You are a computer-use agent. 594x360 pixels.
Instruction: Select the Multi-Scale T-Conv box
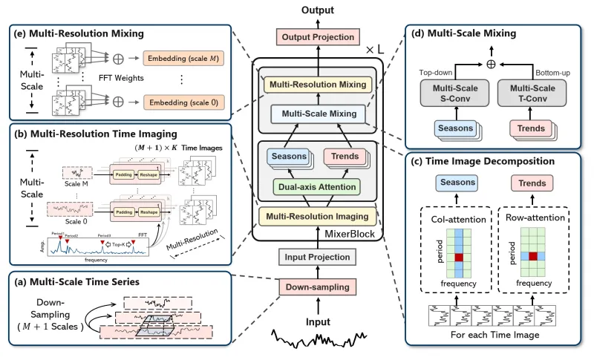point(529,94)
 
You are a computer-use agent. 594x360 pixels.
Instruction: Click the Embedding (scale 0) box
point(186,101)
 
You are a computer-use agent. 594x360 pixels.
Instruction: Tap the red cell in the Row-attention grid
point(532,257)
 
